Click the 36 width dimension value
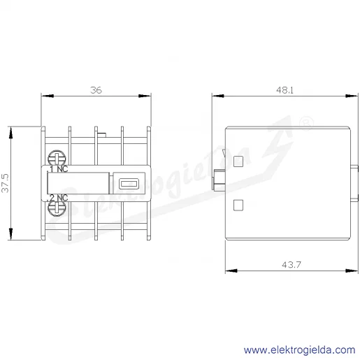coord(96,90)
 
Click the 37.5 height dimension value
coord(5,183)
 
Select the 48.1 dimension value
coord(285,90)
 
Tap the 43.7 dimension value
coord(291,265)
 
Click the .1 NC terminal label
coord(59,168)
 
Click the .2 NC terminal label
coord(58,198)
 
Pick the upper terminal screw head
coord(57,158)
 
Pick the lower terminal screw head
coord(57,208)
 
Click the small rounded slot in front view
coord(129,184)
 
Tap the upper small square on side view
coord(238,161)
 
